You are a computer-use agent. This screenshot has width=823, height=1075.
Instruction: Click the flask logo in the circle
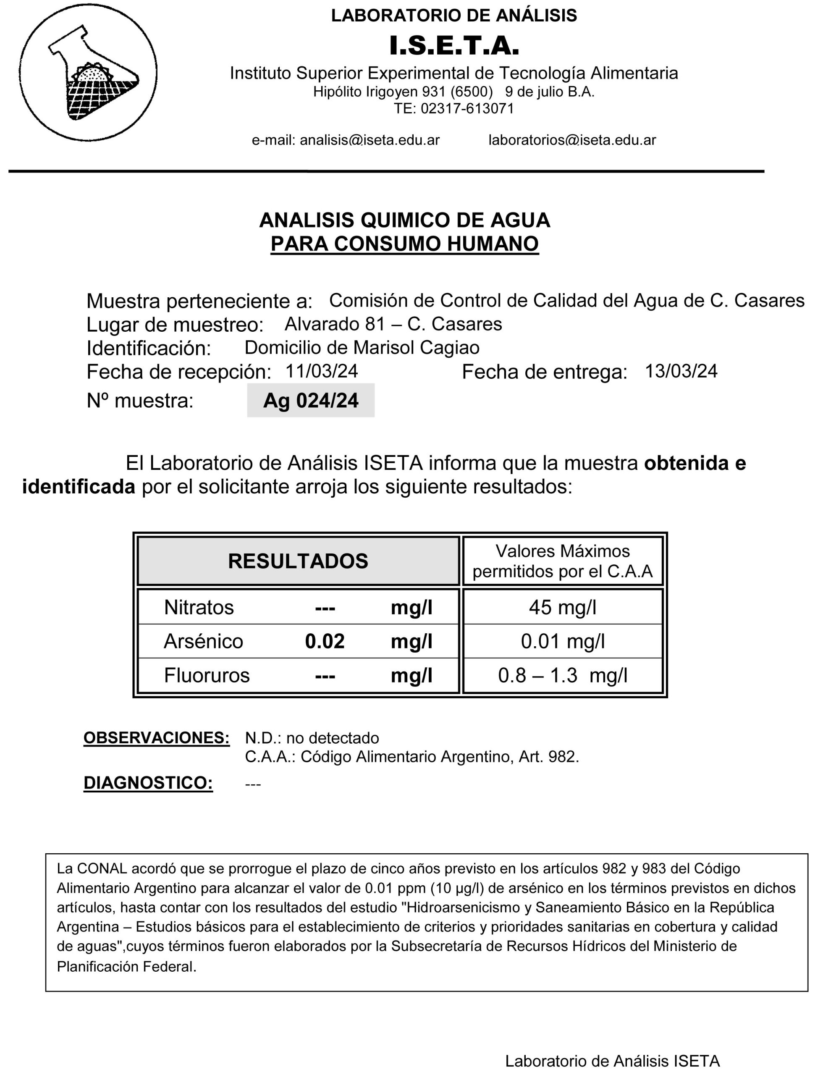[89, 73]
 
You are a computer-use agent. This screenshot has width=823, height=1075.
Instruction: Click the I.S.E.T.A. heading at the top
[454, 46]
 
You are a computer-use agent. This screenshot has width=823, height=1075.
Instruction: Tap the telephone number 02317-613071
[467, 108]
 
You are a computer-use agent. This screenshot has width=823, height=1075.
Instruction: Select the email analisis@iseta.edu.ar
[370, 140]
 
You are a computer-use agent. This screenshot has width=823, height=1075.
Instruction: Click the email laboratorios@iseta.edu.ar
[572, 140]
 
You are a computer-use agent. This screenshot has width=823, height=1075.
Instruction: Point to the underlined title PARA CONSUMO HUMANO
[405, 244]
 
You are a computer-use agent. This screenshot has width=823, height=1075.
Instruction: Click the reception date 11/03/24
[321, 371]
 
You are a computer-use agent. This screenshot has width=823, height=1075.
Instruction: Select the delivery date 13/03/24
[681, 371]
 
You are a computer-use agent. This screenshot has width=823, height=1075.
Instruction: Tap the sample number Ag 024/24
[311, 400]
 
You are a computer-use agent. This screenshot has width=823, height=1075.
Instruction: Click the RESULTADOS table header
[298, 561]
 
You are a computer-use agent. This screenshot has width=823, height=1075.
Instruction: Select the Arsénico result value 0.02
[325, 641]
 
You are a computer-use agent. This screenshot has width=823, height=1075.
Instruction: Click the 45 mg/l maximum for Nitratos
[562, 607]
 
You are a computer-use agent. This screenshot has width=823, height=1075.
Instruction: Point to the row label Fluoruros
[207, 675]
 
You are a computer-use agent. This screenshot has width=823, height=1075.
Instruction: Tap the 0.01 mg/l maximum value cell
[562, 641]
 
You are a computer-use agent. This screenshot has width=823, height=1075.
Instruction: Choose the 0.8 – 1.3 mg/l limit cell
[562, 675]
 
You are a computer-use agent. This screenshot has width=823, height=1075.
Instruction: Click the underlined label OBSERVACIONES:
[156, 737]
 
